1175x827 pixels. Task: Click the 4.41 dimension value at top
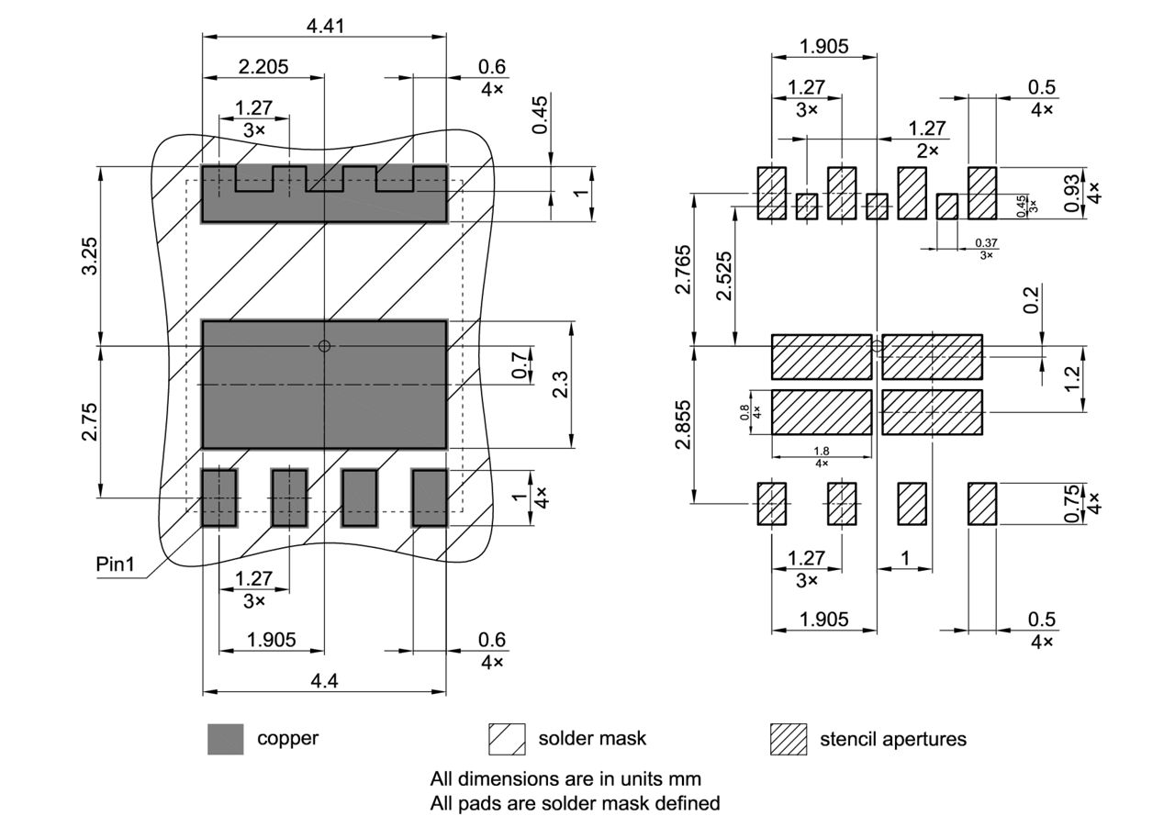click(x=325, y=26)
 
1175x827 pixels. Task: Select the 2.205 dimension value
click(x=263, y=66)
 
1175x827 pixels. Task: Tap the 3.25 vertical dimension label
click(x=89, y=263)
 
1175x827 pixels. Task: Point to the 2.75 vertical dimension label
click(x=89, y=421)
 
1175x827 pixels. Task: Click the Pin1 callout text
click(x=115, y=564)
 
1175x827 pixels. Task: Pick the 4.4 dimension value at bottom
click(x=325, y=681)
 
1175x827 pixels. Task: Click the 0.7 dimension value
click(x=520, y=366)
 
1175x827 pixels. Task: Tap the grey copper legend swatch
click(x=226, y=739)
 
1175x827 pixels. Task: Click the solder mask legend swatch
click(x=507, y=739)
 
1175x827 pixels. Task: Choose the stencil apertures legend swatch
click(x=788, y=739)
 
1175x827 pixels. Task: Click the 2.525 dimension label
click(x=724, y=277)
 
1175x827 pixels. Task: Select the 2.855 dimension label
click(x=684, y=425)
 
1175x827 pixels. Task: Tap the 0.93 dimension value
click(x=1070, y=195)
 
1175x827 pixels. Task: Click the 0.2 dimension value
click(x=1032, y=300)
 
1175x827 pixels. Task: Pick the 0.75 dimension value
click(x=1070, y=505)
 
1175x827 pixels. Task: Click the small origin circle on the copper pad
click(x=323, y=346)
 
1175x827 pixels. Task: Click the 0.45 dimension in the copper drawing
click(x=540, y=115)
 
